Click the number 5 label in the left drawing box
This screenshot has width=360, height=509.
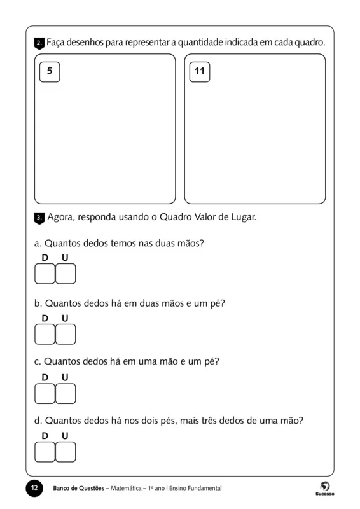pos(50,71)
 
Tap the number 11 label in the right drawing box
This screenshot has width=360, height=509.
pos(200,71)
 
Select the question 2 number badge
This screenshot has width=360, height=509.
pos(39,43)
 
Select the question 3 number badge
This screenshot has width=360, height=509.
pos(39,218)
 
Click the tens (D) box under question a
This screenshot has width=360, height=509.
pos(45,274)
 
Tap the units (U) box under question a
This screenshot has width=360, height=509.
pos(65,274)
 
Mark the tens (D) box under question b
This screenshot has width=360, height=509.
pos(45,334)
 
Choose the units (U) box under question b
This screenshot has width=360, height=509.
pos(65,334)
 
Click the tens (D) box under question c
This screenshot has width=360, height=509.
pos(45,394)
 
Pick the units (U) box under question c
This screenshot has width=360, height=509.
pos(65,394)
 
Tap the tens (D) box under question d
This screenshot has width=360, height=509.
pos(45,452)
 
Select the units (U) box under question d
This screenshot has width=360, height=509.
pos(65,452)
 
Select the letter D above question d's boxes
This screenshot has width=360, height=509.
pos(45,436)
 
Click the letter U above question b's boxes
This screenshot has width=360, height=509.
pos(65,318)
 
